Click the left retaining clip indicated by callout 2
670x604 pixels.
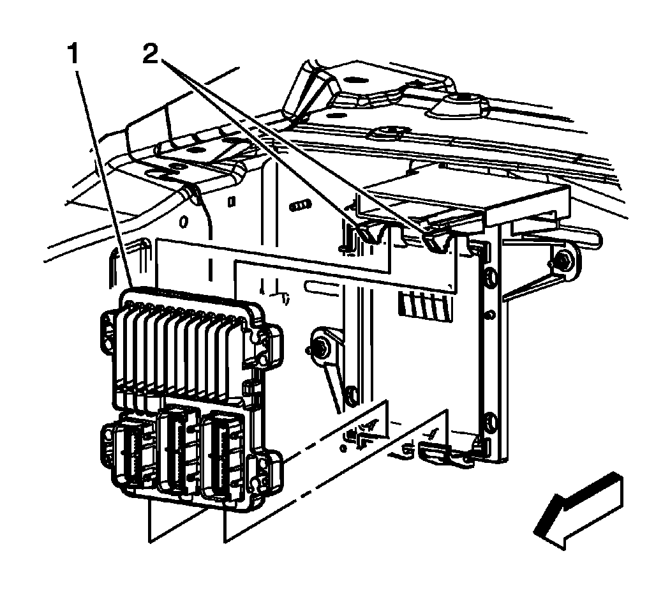368,233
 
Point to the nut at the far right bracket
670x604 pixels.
559,260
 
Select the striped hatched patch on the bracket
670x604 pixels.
424,305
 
